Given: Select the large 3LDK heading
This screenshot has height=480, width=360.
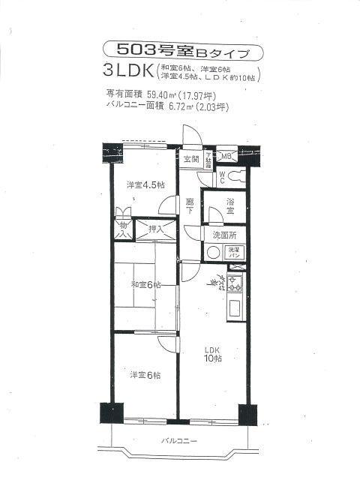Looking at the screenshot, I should [130, 72].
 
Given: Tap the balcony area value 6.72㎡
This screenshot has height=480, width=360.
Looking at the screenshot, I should [171, 107].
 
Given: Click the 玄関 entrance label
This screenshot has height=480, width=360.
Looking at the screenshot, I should [191, 159].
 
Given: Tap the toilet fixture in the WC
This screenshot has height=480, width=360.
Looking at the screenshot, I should [236, 177].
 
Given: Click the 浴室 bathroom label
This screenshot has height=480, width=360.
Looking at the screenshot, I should [231, 207].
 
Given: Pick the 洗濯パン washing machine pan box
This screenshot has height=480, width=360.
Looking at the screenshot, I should [234, 253].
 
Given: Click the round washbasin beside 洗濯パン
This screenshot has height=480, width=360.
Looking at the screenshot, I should [213, 253].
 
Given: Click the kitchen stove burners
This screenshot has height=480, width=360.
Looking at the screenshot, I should [235, 284].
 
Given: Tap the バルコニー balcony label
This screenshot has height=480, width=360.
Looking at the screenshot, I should [178, 441].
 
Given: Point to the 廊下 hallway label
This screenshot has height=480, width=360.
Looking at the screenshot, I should [190, 208].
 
